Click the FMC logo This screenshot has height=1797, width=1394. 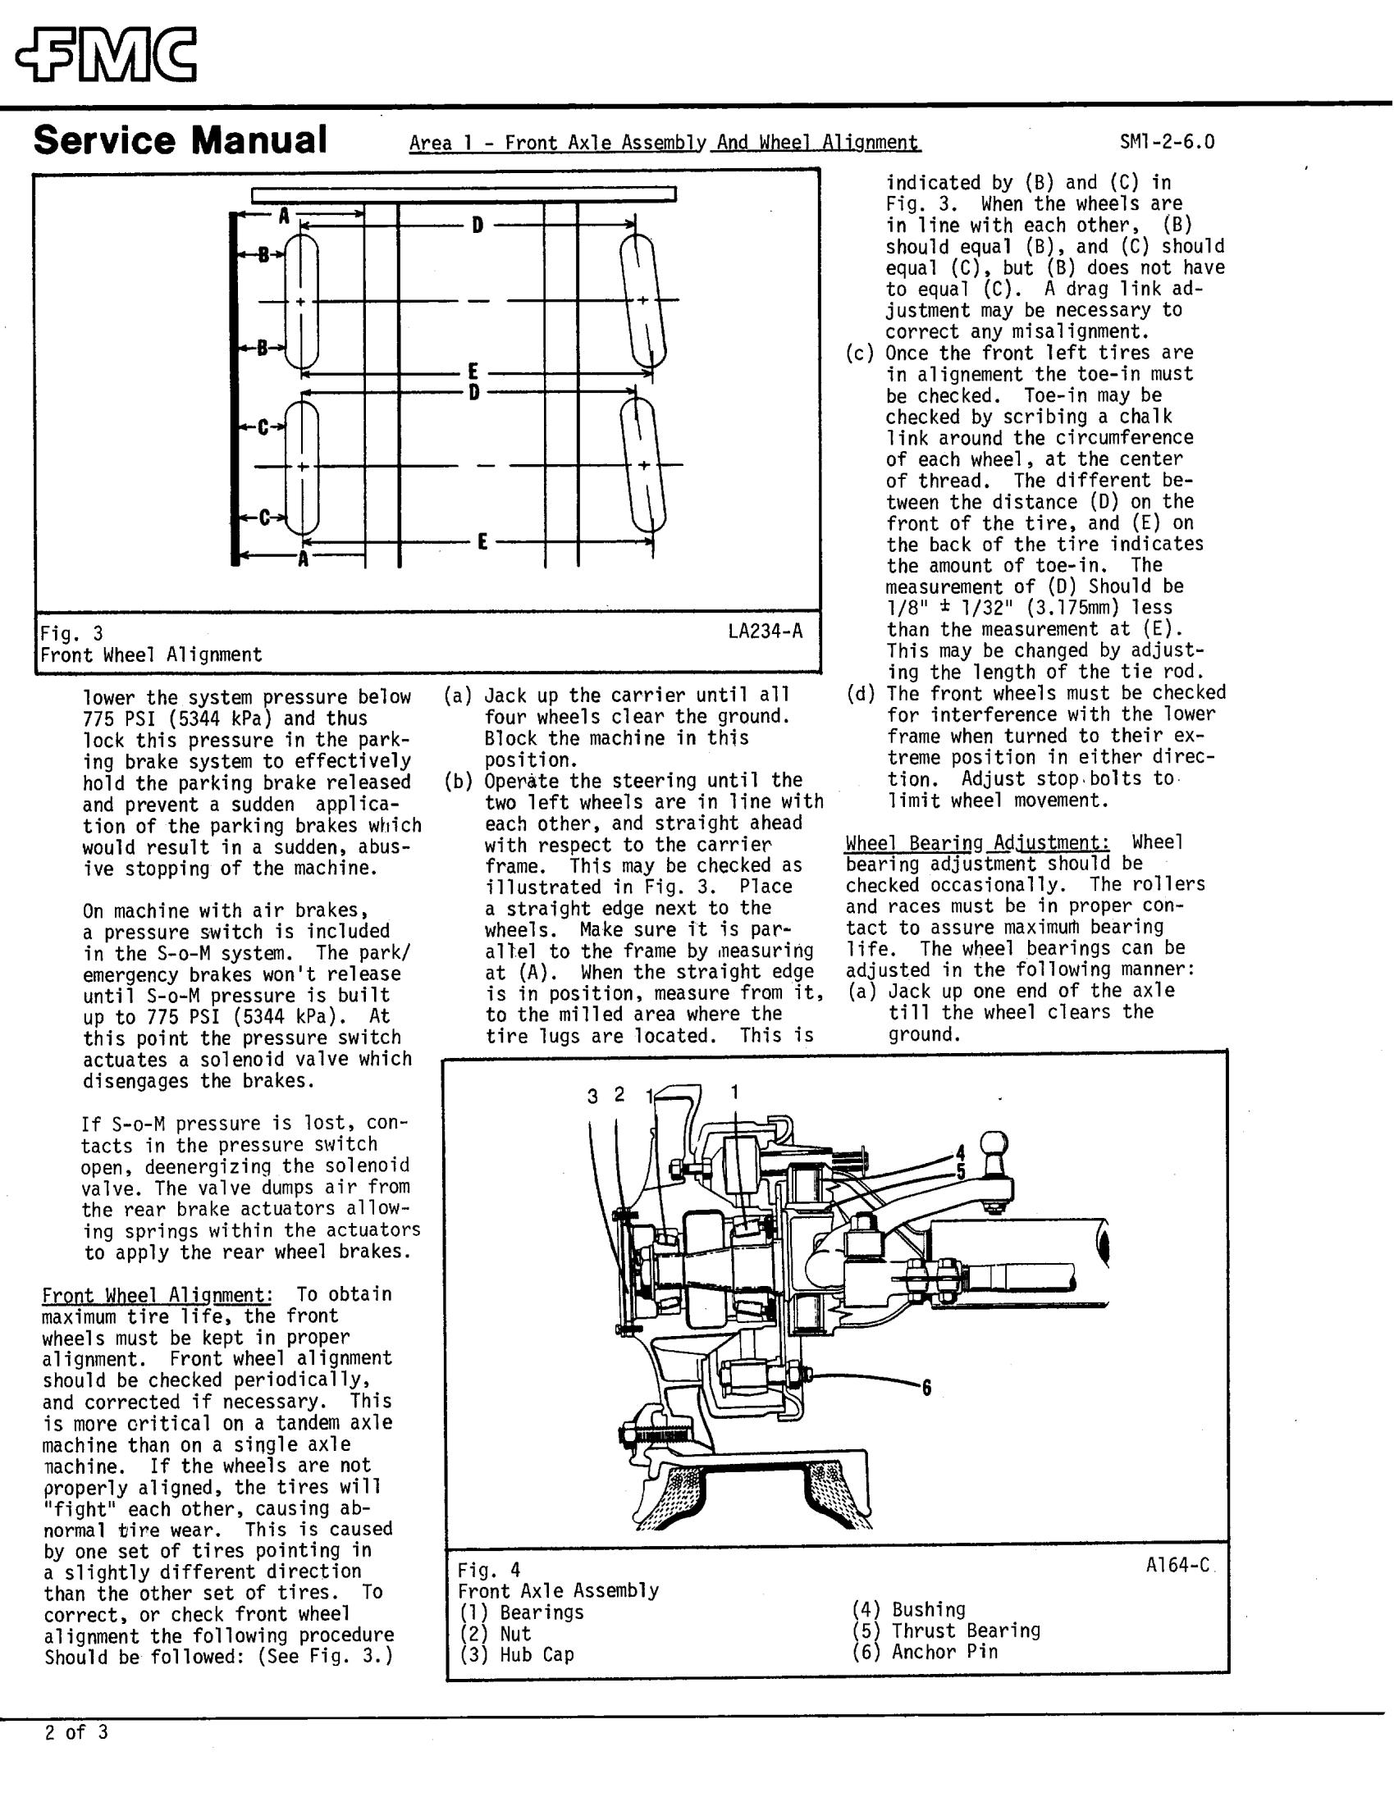pyautogui.click(x=106, y=55)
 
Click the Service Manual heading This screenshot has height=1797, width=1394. pyautogui.click(x=181, y=140)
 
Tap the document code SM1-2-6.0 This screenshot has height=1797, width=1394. pyautogui.click(x=1166, y=143)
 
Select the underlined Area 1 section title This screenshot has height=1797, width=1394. pyautogui.click(x=664, y=144)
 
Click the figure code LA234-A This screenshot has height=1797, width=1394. pyautogui.click(x=765, y=631)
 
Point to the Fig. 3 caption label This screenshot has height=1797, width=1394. pyautogui.click(x=72, y=633)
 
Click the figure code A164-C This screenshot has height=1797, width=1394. pyautogui.click(x=1177, y=1565)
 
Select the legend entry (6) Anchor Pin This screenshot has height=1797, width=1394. pyautogui.click(x=925, y=1651)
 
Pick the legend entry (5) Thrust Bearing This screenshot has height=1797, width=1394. pyautogui.click(x=945, y=1630)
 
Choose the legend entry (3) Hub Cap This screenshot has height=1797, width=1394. pyautogui.click(x=516, y=1654)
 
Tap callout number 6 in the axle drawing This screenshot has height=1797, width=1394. pyautogui.click(x=926, y=1388)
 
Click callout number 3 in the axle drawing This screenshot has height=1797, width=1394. pyautogui.click(x=592, y=1097)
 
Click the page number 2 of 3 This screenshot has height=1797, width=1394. pyautogui.click(x=75, y=1732)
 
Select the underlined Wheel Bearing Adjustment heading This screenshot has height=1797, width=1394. pyautogui.click(x=978, y=842)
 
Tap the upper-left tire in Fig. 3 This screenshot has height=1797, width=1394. pyautogui.click(x=301, y=301)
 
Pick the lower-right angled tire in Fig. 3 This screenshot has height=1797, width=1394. pyautogui.click(x=643, y=466)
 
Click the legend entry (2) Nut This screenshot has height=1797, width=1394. pyautogui.click(x=495, y=1633)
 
